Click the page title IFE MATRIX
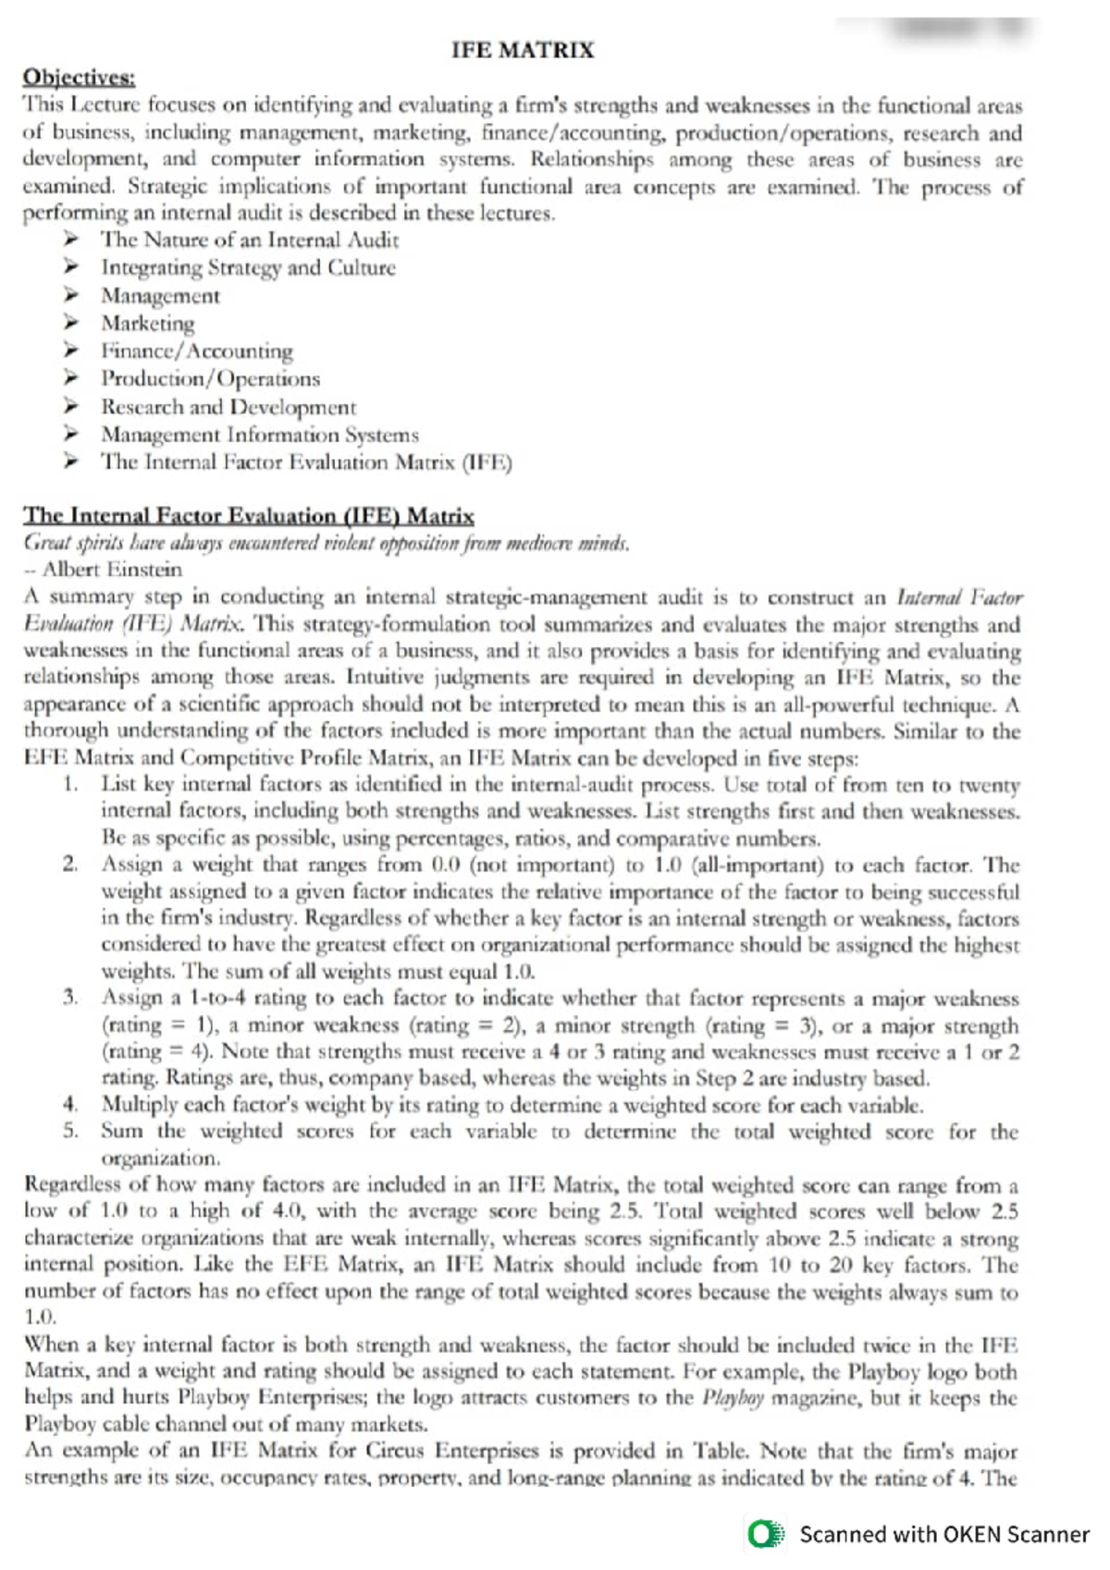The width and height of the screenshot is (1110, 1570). (x=523, y=50)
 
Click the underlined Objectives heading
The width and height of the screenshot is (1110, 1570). (x=79, y=77)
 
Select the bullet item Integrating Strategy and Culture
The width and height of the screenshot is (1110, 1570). (x=248, y=268)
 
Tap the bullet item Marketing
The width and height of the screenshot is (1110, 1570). (x=148, y=324)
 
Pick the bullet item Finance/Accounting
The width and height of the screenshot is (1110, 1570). (x=197, y=351)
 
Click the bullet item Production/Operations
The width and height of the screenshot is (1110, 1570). (x=211, y=379)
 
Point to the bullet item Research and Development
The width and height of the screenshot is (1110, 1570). (x=228, y=407)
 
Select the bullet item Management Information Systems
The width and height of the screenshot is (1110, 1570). (x=260, y=435)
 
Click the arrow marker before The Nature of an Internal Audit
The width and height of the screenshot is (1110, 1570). (x=70, y=240)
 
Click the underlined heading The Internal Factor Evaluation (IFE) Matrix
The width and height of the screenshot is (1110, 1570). (x=248, y=516)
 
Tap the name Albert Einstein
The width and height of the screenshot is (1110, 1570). (x=112, y=570)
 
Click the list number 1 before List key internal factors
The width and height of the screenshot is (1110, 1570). (x=69, y=785)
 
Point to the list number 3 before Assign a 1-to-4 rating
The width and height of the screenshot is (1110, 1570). (x=69, y=999)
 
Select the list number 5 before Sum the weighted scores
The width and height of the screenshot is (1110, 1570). (x=69, y=1131)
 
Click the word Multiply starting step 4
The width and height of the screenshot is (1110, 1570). (x=139, y=1105)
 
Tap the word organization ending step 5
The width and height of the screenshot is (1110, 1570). (x=160, y=1158)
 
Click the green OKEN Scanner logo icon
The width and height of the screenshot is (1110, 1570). (x=766, y=1535)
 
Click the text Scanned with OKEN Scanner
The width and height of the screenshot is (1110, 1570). (x=943, y=1535)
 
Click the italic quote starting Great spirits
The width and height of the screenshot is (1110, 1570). (x=326, y=543)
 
